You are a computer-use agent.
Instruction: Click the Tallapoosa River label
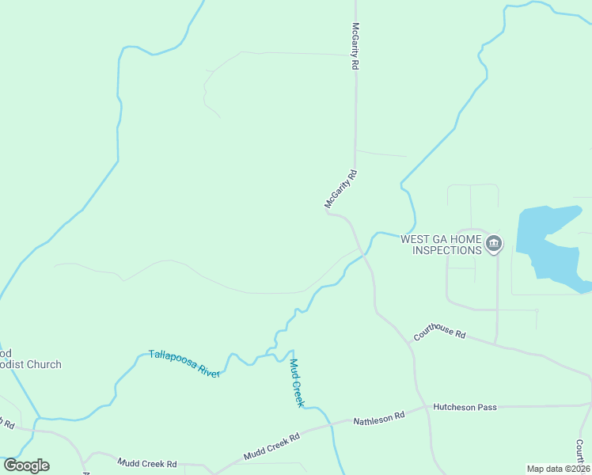point(184,363)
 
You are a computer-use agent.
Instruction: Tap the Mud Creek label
point(296,382)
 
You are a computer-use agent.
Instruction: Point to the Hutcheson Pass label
point(465,407)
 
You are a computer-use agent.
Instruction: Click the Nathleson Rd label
point(378,416)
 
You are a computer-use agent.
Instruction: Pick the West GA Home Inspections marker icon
point(494,243)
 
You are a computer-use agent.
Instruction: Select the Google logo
point(26,465)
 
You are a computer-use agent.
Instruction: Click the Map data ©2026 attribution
point(558,469)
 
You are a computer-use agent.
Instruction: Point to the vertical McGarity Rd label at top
point(356,47)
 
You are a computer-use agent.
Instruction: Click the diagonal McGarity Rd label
point(342,189)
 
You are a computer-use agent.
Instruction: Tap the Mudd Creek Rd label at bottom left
point(146,462)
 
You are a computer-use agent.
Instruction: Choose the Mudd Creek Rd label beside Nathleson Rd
point(271,446)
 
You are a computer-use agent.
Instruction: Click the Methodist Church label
point(30,365)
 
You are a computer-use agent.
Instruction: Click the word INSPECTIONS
point(446,250)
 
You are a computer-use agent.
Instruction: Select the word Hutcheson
point(454,407)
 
